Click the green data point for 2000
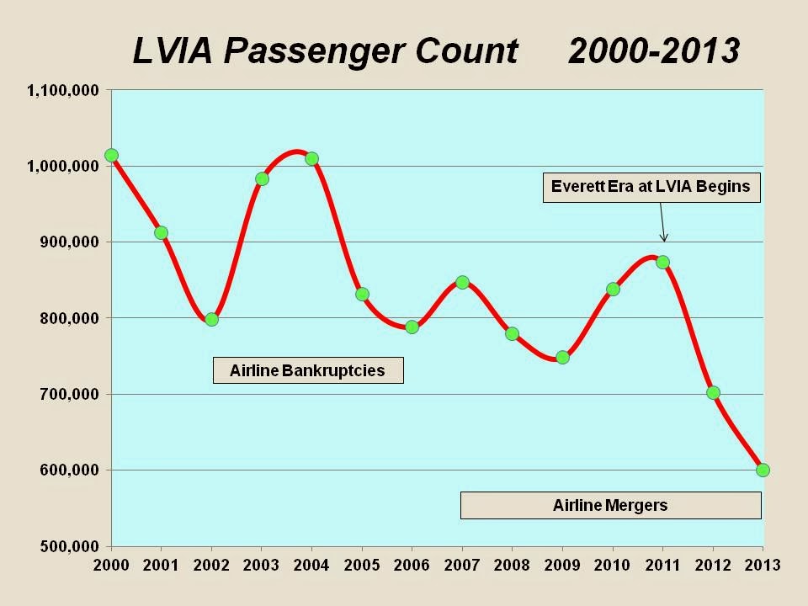(x=111, y=155)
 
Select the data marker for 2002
(x=211, y=319)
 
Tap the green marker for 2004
(x=311, y=158)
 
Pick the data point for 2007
(x=462, y=282)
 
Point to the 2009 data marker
(x=562, y=357)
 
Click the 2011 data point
(x=662, y=262)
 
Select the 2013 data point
(x=763, y=470)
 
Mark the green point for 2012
(x=713, y=392)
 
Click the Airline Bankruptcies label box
(x=307, y=370)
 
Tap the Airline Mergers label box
(x=610, y=505)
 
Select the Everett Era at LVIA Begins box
(x=650, y=187)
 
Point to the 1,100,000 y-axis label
(x=64, y=90)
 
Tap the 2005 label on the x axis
(x=362, y=565)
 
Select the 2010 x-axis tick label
(x=613, y=565)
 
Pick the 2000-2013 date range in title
(x=653, y=51)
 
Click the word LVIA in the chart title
(x=173, y=51)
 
